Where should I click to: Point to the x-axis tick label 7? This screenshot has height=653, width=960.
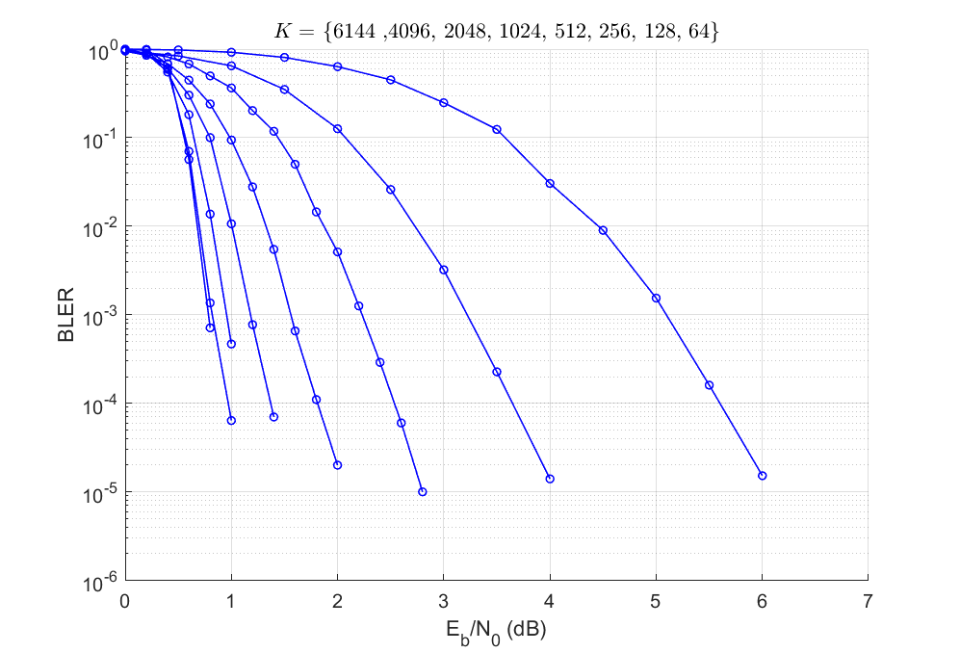click(868, 601)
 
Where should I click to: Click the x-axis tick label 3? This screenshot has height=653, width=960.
click(443, 601)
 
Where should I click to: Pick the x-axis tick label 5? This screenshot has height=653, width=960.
click(656, 601)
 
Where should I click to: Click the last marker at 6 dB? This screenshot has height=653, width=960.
click(762, 476)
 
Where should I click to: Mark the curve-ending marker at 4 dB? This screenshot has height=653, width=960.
click(550, 479)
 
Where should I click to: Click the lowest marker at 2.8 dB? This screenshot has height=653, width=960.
click(422, 492)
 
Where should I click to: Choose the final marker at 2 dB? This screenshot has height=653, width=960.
click(337, 465)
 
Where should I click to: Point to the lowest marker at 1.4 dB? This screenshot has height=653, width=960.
click(273, 417)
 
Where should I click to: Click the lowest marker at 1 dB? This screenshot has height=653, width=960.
click(231, 420)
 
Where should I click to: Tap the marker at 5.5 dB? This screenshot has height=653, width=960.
click(709, 385)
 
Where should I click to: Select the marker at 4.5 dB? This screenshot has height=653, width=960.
click(603, 230)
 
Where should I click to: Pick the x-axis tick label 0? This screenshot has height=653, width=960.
click(124, 601)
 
